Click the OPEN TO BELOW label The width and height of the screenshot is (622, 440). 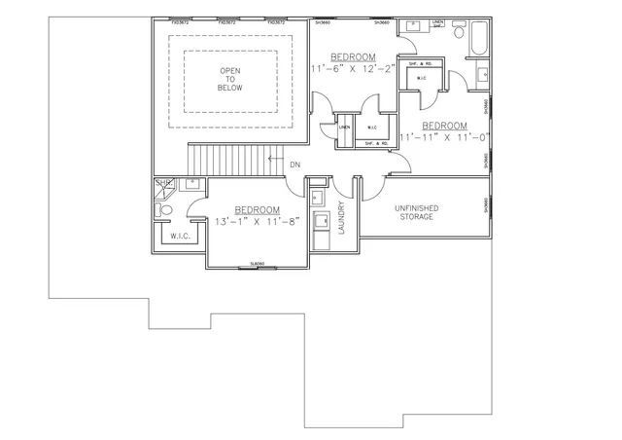[230, 79]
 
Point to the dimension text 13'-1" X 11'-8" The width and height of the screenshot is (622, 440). [257, 222]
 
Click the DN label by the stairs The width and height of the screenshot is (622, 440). [295, 164]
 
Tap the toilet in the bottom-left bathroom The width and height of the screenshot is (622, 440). [165, 208]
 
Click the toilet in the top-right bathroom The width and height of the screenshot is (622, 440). [483, 69]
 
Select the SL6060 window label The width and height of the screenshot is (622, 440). [258, 264]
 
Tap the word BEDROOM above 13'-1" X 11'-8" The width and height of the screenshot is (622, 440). [257, 210]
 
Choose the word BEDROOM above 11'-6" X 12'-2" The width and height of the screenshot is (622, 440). [353, 56]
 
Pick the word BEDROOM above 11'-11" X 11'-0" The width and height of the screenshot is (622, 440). [445, 126]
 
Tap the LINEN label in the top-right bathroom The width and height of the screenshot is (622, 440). [437, 22]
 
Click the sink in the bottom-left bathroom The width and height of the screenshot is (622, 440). [192, 182]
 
